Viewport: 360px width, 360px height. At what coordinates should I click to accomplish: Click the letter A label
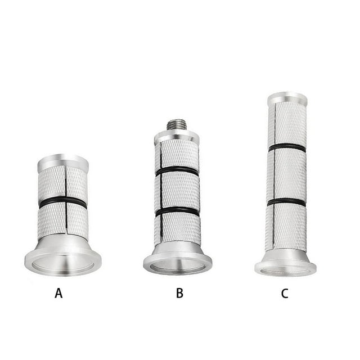click(x=58, y=293)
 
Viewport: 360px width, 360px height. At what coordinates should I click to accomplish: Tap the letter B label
click(x=179, y=293)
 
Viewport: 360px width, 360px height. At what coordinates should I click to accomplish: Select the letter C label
click(x=285, y=294)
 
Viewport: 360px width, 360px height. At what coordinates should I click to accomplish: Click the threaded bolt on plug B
click(x=176, y=124)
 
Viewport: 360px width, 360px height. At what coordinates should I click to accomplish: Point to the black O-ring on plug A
click(x=62, y=201)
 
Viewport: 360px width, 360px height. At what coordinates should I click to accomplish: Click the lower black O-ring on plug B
click(x=177, y=211)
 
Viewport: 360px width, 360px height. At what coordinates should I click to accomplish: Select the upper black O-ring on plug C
click(x=287, y=147)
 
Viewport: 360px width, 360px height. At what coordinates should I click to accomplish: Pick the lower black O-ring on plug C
click(x=286, y=202)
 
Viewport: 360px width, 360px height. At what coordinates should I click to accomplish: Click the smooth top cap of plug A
click(x=63, y=162)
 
